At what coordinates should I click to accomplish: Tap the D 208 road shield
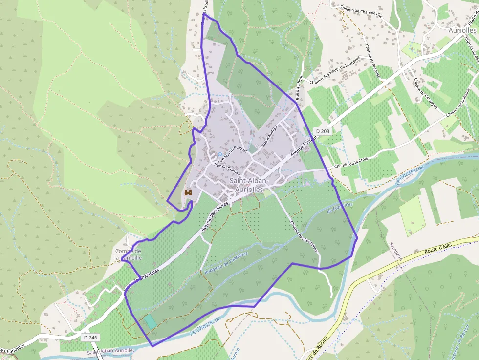[323, 131]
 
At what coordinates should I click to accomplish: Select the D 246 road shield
[90, 337]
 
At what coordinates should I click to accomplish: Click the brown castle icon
[188, 193]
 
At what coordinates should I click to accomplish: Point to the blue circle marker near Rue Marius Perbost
[219, 154]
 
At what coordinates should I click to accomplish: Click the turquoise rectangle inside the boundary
[150, 321]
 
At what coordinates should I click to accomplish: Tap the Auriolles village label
[462, 29]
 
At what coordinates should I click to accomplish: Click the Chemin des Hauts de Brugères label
[335, 69]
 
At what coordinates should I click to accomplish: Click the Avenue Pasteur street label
[301, 147]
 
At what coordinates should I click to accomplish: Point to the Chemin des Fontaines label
[304, 236]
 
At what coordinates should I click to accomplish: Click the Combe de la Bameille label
[128, 254]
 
